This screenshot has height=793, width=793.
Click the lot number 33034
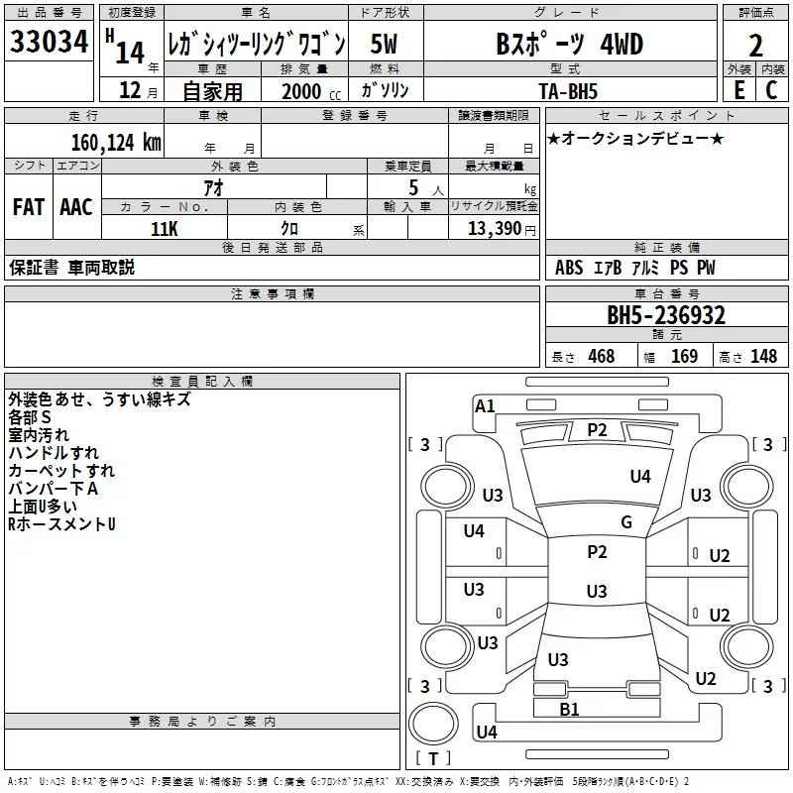[x=49, y=44]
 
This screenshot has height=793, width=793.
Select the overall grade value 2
[x=756, y=45]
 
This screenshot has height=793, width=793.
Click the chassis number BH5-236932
[x=666, y=315]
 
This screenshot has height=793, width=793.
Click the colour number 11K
[x=164, y=228]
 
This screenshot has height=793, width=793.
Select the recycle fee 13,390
[x=494, y=229]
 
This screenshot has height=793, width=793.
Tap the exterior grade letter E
[x=738, y=89]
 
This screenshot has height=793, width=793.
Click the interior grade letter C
[x=771, y=89]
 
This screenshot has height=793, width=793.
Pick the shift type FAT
[x=28, y=207]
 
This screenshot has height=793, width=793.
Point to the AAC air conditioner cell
[x=76, y=207]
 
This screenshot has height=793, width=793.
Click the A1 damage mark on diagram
[x=485, y=406]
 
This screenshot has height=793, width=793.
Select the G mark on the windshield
[x=625, y=522]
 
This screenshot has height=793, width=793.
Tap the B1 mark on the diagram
[x=569, y=709]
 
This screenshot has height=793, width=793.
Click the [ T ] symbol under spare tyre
[x=433, y=759]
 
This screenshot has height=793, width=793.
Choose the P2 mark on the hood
[x=597, y=429]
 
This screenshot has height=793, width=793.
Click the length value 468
[x=601, y=357]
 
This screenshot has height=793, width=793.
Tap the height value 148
[x=763, y=357]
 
